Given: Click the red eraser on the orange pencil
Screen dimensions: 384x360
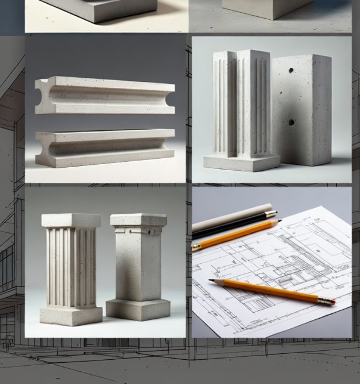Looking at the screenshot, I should pos(332,302).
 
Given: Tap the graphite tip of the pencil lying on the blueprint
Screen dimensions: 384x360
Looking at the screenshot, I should pos(210,280).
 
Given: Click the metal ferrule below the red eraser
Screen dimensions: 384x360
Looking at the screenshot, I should pos(326,301).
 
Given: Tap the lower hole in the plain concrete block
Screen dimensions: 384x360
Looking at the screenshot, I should pos(292,122).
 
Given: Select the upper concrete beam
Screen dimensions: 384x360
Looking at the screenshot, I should pos(106,95).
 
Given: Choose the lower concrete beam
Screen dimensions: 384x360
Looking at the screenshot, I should pos(106,148).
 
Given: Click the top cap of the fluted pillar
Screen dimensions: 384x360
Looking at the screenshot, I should pos(71,220).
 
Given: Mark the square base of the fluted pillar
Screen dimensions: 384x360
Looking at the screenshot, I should pos(71,315).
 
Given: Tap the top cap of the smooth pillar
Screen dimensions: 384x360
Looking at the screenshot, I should pos(138,220).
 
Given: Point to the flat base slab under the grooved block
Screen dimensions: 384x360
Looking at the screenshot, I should pos(241,163).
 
